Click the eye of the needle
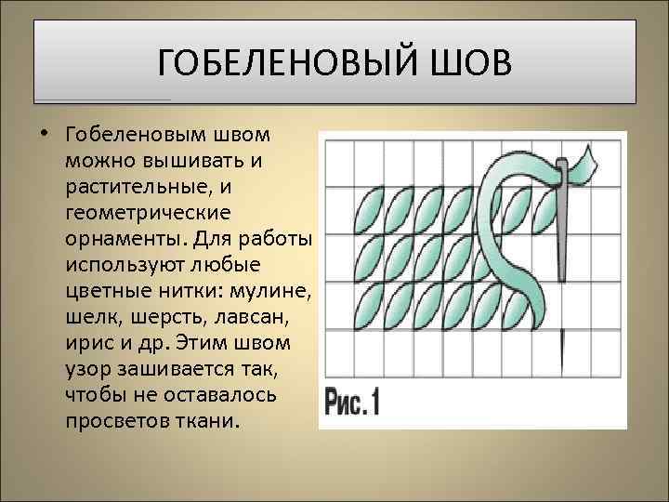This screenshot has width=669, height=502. pyautogui.click(x=561, y=168)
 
